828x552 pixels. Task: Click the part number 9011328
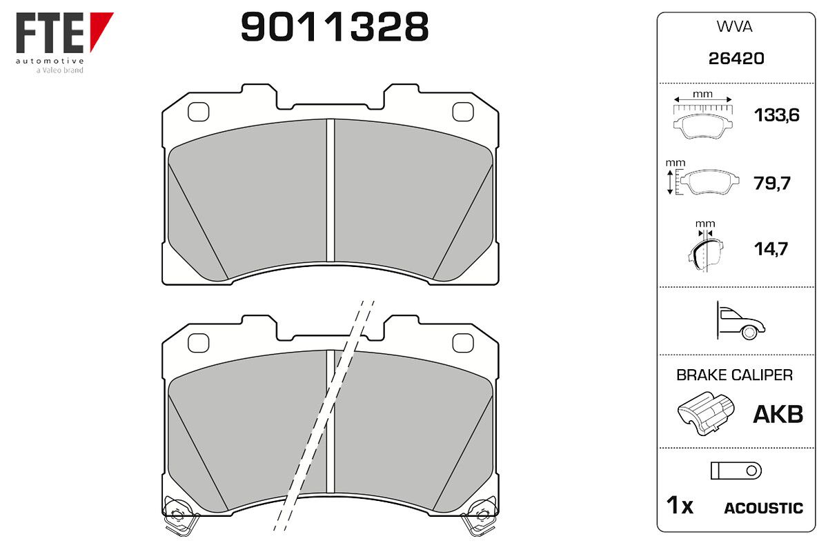click(x=335, y=27)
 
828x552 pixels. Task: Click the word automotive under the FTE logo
click(x=50, y=61)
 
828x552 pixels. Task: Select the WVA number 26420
click(x=736, y=59)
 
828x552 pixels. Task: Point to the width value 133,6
click(x=777, y=115)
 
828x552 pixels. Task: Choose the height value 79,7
click(x=772, y=183)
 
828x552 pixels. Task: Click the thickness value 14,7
click(x=771, y=249)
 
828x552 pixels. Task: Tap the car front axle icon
click(x=740, y=321)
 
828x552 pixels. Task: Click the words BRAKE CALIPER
click(x=734, y=375)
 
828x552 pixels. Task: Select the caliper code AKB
click(x=778, y=414)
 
